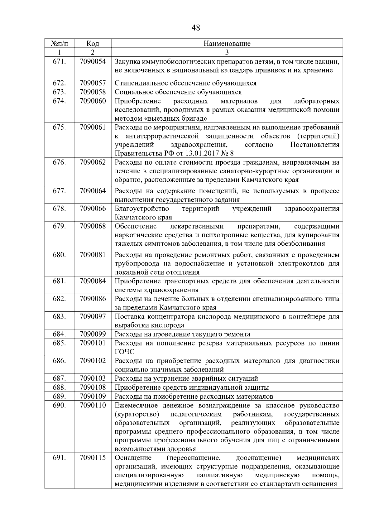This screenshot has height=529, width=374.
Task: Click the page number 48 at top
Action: tap(196, 28)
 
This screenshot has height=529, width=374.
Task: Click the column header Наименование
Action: tap(227, 43)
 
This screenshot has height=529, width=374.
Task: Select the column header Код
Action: tap(93, 43)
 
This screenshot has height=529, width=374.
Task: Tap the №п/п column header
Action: tap(59, 43)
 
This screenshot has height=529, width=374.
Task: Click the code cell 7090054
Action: tap(93, 62)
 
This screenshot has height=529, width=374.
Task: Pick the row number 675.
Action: tap(59, 127)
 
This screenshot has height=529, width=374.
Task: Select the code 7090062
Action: tap(93, 162)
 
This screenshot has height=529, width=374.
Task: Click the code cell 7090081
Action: tap(93, 255)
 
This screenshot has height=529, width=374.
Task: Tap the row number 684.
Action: tap(59, 334)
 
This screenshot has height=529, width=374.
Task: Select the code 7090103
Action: tap(93, 378)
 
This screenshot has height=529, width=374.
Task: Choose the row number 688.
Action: tap(59, 387)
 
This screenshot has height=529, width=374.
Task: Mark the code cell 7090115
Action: tap(93, 458)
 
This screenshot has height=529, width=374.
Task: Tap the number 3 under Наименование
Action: tap(227, 52)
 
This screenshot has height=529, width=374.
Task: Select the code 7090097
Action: tap(93, 316)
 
